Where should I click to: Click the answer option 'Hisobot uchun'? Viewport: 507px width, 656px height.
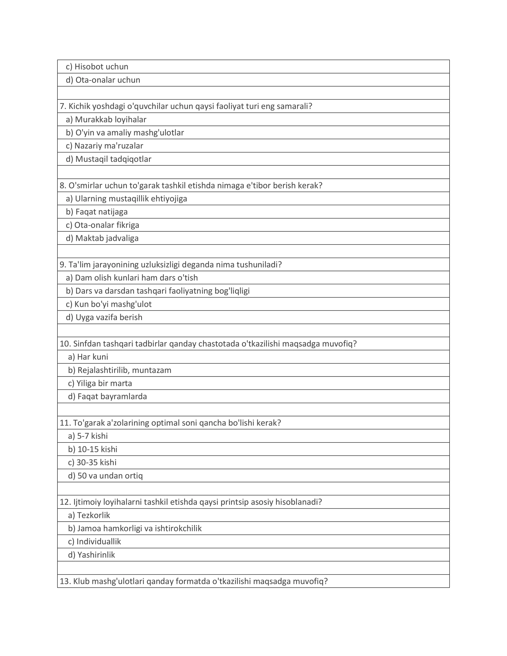point(97,67)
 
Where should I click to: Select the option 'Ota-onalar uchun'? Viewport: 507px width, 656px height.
point(103,80)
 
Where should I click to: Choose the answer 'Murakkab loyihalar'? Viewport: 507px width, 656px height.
point(106,120)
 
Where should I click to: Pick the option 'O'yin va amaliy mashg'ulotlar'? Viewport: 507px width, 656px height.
point(125,133)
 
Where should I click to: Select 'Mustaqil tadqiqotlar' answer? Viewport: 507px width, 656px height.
point(109,159)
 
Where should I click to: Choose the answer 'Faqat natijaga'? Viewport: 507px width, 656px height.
point(97,212)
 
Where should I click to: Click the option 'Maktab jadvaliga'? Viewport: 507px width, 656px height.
point(102,238)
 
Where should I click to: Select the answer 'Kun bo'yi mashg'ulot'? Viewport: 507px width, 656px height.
point(109,305)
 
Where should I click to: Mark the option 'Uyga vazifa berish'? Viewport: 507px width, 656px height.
point(104,318)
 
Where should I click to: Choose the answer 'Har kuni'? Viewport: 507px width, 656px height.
point(88,357)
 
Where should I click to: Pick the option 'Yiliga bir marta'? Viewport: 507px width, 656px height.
point(100,383)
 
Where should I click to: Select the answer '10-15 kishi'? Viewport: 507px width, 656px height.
point(93,449)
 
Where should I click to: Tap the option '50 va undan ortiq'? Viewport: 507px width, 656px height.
point(106,476)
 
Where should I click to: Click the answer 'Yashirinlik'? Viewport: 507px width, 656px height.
point(92,555)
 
